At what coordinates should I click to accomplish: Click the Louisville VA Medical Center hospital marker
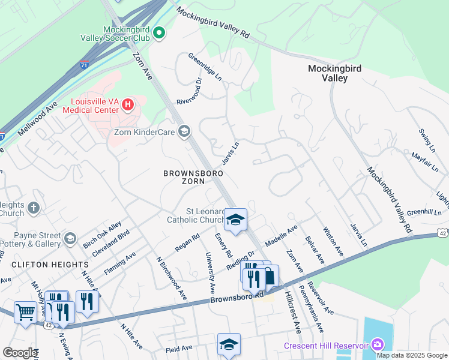127,105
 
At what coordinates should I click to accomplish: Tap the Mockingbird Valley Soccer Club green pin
158,33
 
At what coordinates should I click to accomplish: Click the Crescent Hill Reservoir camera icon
378,345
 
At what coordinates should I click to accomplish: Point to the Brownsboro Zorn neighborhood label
193,178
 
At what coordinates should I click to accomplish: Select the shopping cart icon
25,311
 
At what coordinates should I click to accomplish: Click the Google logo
19,353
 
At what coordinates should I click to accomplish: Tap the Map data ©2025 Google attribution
412,355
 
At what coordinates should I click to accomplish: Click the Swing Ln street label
427,139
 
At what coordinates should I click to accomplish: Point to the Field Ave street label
179,348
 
